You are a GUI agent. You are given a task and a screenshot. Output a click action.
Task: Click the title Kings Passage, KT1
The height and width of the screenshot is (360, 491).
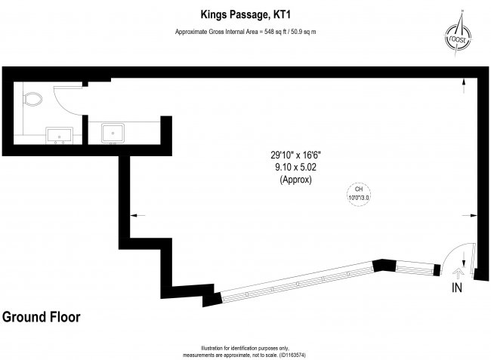[x=246, y=12]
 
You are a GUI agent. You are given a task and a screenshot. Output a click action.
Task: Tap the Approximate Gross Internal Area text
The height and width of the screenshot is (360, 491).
[x=246, y=32]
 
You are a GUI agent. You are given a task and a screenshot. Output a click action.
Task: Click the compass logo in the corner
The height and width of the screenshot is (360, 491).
[x=455, y=33]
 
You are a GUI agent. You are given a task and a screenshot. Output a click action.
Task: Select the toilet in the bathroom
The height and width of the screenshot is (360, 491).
[x=33, y=98]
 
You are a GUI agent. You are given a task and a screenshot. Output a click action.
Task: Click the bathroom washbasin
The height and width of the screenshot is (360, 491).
[x=59, y=135]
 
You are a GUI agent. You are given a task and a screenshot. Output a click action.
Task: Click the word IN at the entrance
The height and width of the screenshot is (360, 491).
[x=457, y=288]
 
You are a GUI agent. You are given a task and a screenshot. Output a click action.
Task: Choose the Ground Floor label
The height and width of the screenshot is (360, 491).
[x=41, y=316]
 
